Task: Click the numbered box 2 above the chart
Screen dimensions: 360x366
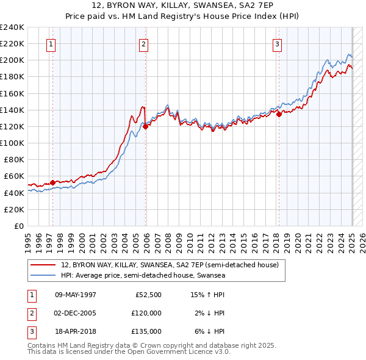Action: click(143, 43)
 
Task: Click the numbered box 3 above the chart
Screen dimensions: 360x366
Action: click(277, 43)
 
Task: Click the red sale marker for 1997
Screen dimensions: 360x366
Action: click(53, 182)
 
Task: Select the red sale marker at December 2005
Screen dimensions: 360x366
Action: click(146, 126)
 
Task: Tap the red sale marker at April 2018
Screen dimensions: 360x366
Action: click(279, 113)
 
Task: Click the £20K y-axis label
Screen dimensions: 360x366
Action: click(14, 209)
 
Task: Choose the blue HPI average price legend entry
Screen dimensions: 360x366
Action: click(143, 276)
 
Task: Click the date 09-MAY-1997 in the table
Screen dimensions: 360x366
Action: click(76, 295)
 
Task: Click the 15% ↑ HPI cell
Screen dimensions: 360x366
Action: click(208, 295)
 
